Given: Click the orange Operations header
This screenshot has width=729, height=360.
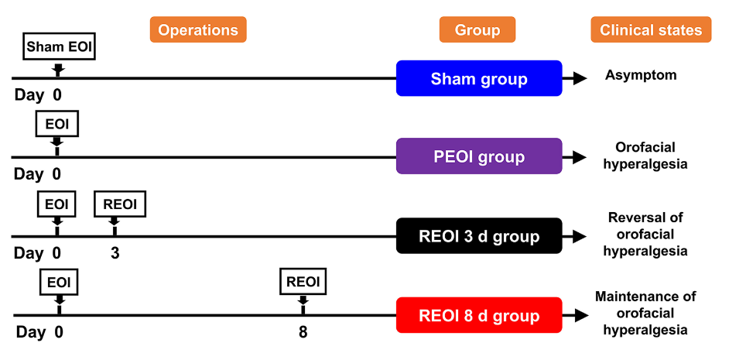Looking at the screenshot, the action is [198, 29].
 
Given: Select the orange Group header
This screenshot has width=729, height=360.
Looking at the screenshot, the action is [477, 29].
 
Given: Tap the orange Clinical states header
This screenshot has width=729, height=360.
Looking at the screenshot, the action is [651, 29].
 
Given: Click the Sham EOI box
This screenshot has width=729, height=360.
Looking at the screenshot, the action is [59, 46].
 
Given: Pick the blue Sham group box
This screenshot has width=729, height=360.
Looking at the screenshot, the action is [479, 78].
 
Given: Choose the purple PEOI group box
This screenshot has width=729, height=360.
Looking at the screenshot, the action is [479, 156].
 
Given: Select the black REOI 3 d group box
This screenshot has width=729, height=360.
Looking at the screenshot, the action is [479, 236].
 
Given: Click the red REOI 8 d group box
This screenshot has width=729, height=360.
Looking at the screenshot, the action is [479, 315].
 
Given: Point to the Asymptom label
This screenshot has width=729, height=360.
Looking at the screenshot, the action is [641, 75].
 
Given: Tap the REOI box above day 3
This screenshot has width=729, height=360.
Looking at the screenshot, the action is [120, 204].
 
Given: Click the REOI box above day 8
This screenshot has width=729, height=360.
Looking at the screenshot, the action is [303, 281].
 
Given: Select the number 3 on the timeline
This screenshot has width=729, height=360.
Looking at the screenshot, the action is [115, 253].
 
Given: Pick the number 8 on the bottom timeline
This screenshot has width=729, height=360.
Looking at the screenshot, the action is [303, 333].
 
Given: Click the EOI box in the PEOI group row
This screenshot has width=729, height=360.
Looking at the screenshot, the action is [57, 124].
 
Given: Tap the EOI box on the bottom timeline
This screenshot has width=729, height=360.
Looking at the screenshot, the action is [59, 281].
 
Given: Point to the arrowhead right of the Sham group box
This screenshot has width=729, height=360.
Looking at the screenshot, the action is [580, 78].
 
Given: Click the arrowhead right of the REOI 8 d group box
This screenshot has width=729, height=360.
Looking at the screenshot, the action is [580, 315].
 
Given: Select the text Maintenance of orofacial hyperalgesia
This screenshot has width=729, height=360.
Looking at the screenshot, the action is [645, 314].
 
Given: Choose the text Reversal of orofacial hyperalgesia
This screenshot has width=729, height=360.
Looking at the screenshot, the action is [645, 235].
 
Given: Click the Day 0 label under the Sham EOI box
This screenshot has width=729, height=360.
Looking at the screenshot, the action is [38, 95].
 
